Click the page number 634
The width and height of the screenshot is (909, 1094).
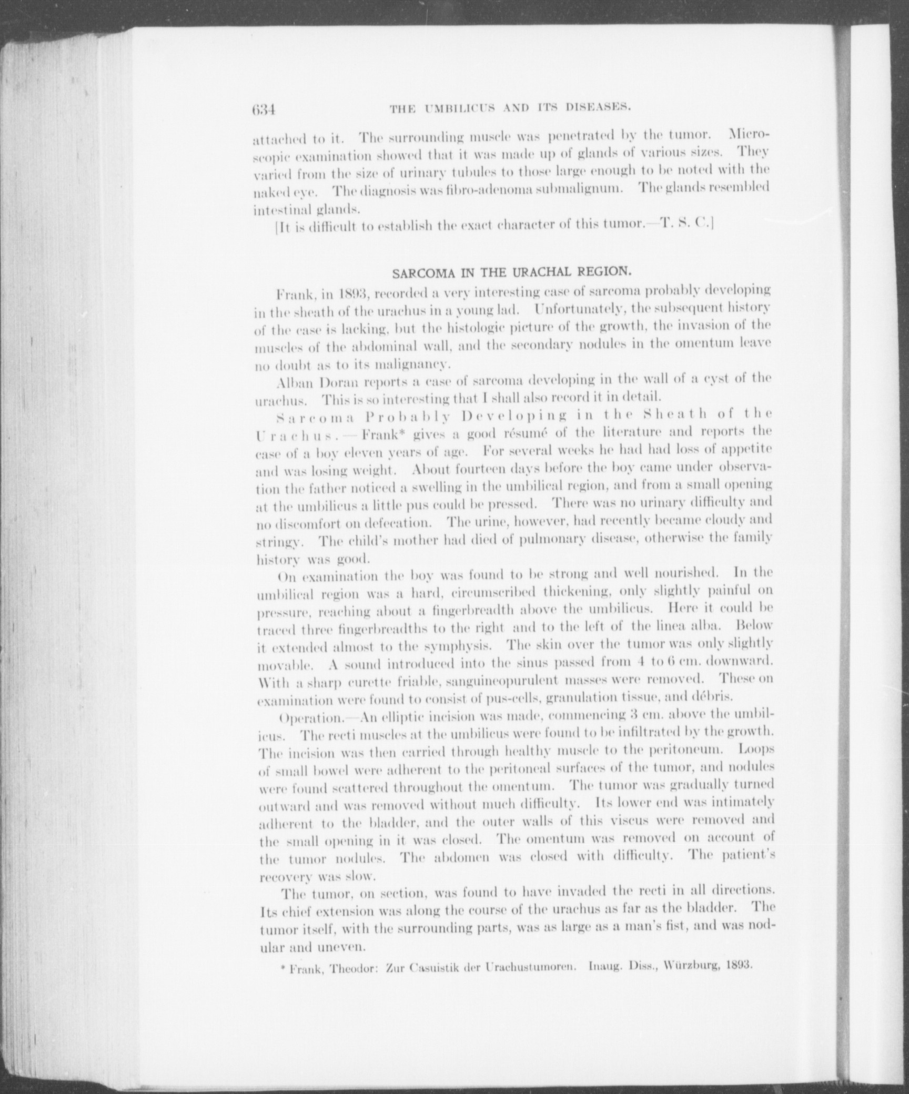[264, 110]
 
